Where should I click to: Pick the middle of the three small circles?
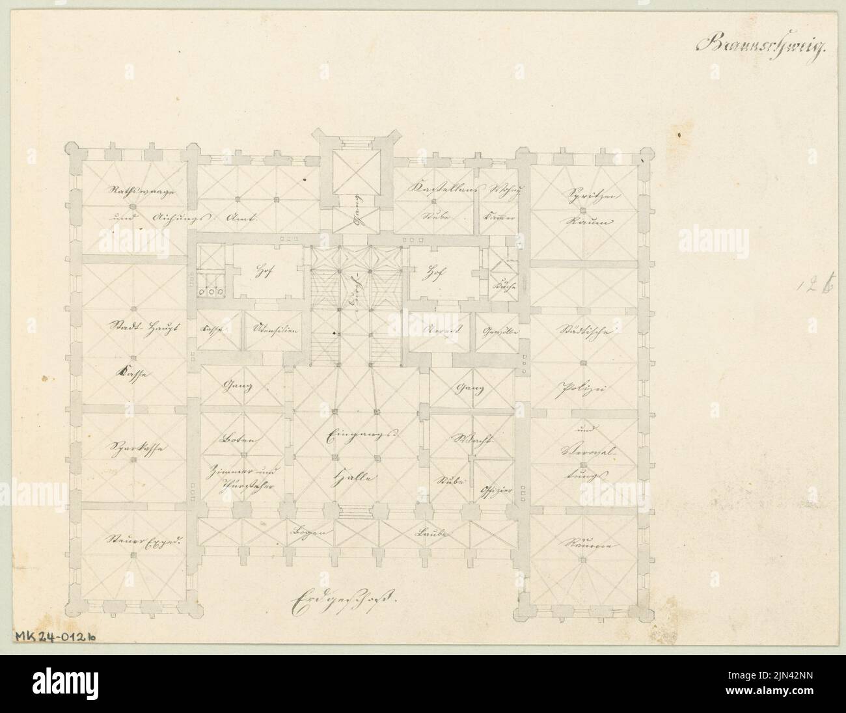pyautogui.click(x=211, y=291)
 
